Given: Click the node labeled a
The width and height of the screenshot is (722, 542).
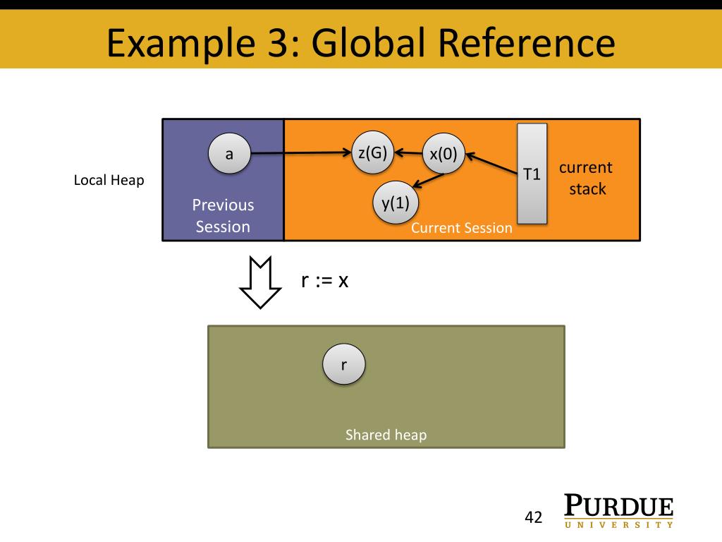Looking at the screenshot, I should tap(229, 153).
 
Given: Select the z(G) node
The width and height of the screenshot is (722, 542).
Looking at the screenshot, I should tap(372, 152).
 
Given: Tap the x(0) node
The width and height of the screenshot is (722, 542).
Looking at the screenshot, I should tap(443, 154).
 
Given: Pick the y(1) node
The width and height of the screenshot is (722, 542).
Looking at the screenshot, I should tap(396, 203).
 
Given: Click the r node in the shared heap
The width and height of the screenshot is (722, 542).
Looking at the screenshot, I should tap(344, 364).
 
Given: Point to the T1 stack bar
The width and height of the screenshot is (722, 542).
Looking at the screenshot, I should tap(532, 174).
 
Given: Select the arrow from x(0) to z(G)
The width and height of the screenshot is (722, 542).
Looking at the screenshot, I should tap(408, 152).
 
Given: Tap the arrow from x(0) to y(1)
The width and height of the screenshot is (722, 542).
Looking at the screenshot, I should tap(427, 181).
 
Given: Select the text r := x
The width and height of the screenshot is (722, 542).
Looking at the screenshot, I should tap(325, 280).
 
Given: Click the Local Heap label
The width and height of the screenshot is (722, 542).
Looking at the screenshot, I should tap(109, 181).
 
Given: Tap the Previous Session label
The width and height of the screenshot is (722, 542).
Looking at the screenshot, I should tap(223, 216).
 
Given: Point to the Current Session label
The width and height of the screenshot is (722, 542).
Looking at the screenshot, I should tap(461, 228).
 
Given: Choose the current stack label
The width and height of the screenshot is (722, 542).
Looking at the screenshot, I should tap(586, 178).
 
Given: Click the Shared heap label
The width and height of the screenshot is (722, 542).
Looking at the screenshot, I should tap(386, 435).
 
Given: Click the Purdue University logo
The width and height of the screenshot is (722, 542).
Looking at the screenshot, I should tap(618, 512).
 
